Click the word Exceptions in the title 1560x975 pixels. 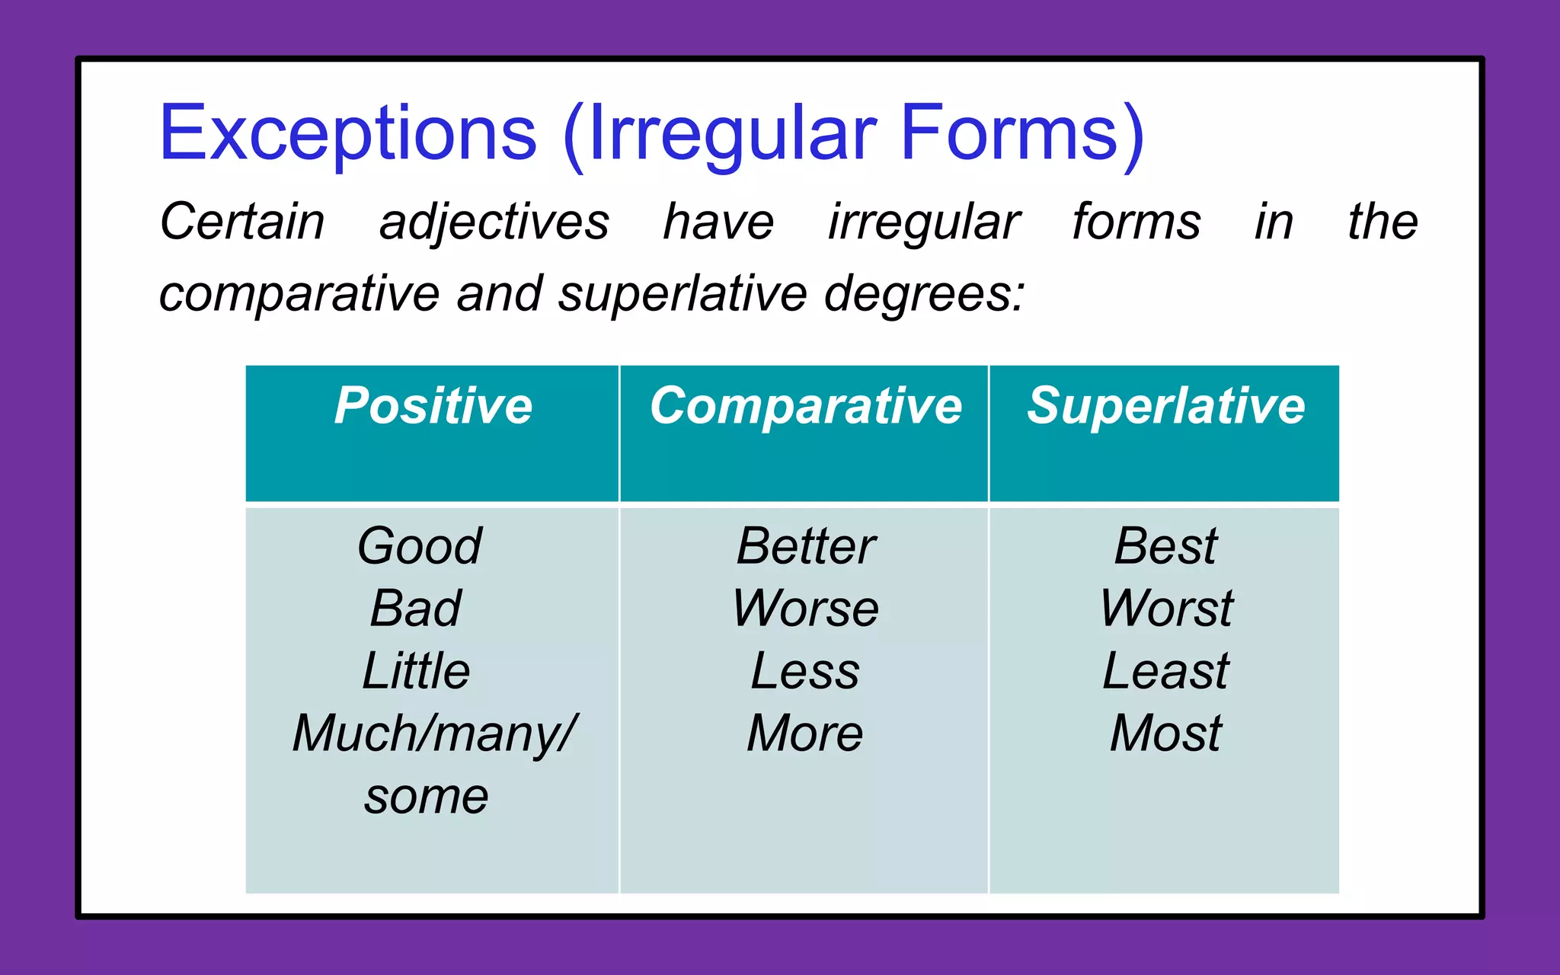point(348,134)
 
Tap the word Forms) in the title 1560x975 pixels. point(1021,134)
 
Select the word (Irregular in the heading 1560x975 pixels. point(720,134)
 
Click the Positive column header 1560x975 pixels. point(433,405)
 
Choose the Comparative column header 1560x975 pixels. point(805,405)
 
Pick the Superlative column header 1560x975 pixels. point(1165,405)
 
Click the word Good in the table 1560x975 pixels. point(420,545)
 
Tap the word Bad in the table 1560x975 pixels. point(416,608)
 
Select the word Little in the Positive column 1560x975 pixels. point(416,670)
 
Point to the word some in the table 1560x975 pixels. point(426,797)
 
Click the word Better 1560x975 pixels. point(806,545)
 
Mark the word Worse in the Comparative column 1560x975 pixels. point(806,608)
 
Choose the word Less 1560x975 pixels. point(805,670)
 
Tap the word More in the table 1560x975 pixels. point(805,733)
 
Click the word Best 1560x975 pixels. point(1165,545)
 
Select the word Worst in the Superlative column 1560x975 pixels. point(1165,608)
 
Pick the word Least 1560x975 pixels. point(1165,670)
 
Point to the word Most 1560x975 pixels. point(1165,733)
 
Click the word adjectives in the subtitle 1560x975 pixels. point(494,222)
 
